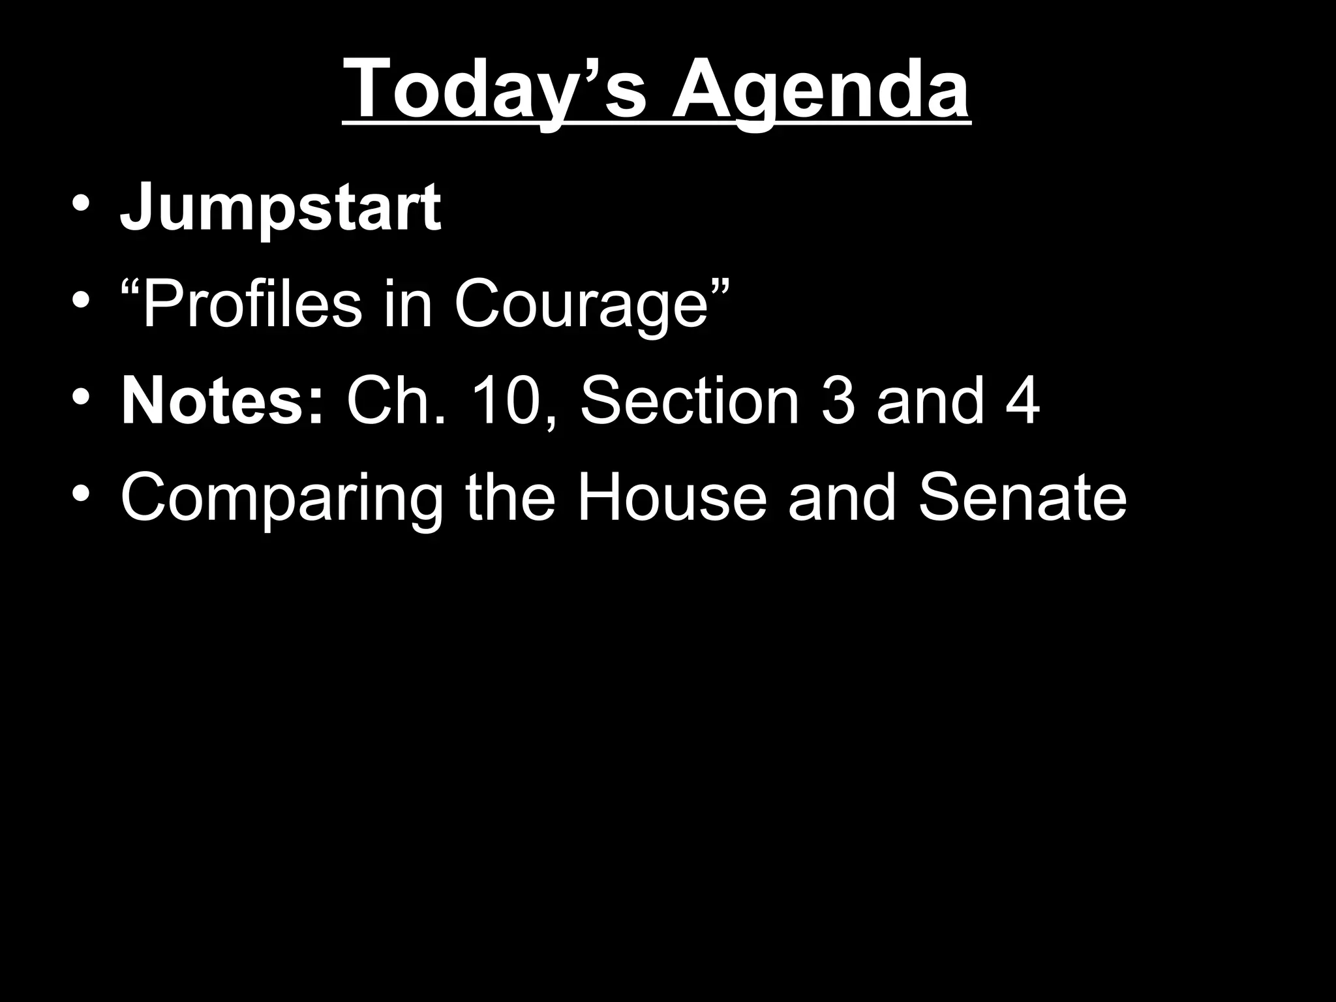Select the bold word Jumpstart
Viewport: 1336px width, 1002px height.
281,207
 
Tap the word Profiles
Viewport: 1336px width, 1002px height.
251,304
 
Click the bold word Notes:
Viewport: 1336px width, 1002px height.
222,401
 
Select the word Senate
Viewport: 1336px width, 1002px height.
1022,498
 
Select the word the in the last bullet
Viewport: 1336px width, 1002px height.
510,498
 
